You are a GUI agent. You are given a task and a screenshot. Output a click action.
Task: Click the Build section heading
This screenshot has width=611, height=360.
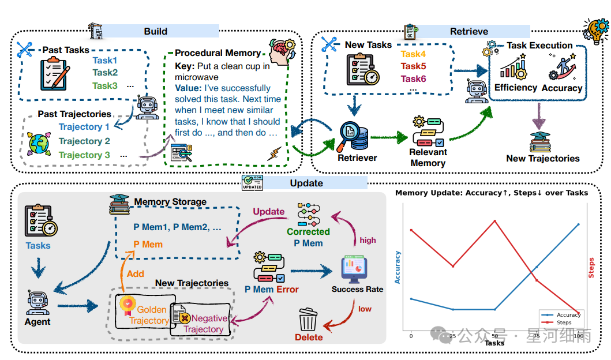coord(156,31)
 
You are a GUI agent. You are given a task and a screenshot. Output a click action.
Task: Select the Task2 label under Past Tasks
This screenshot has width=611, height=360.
coord(105,73)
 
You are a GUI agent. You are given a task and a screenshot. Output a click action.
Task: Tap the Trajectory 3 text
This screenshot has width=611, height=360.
coord(84,155)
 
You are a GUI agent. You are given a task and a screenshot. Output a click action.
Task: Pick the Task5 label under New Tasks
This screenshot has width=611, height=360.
coord(413,66)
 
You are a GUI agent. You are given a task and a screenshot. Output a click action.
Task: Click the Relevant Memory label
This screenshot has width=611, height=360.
coord(428,157)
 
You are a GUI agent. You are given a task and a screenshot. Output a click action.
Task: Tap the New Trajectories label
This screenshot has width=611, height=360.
coord(542,159)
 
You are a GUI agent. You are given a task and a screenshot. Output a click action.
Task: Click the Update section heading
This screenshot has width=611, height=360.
coord(306,183)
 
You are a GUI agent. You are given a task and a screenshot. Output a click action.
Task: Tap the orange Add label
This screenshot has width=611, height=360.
coord(136,274)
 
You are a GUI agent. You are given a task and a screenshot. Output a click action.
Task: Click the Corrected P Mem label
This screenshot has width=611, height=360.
coord(308,237)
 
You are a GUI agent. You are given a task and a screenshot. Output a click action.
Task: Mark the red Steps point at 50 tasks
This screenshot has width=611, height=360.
coord(495,221)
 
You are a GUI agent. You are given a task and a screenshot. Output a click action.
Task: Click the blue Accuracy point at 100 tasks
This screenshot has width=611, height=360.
coord(578,224)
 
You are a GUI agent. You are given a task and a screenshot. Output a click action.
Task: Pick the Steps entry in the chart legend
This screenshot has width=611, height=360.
coord(563,322)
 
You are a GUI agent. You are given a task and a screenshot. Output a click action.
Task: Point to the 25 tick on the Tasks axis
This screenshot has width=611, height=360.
coord(453,336)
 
